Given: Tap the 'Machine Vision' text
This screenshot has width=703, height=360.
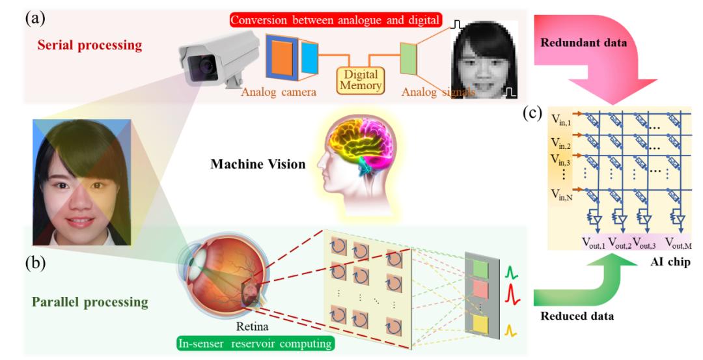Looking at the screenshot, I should tap(258, 165).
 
